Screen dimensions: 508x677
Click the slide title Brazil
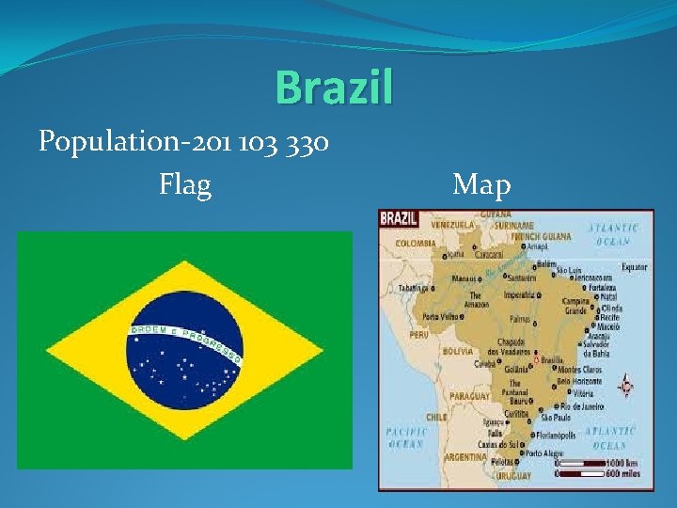coord(334,88)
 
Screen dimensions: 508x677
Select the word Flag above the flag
coord(185,183)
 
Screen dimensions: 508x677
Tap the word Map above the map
coord(481,184)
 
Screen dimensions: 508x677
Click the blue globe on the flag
coord(184,351)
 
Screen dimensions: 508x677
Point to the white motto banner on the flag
coord(184,340)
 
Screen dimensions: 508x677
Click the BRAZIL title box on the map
coord(399,218)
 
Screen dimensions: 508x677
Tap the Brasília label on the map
coord(554,360)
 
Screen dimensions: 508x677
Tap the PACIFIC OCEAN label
coord(406,437)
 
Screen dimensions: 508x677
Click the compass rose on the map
coord(626,386)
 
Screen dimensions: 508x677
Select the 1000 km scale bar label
coord(628,463)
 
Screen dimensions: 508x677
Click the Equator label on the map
coord(633,268)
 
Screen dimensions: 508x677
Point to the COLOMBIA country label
coord(415,243)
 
